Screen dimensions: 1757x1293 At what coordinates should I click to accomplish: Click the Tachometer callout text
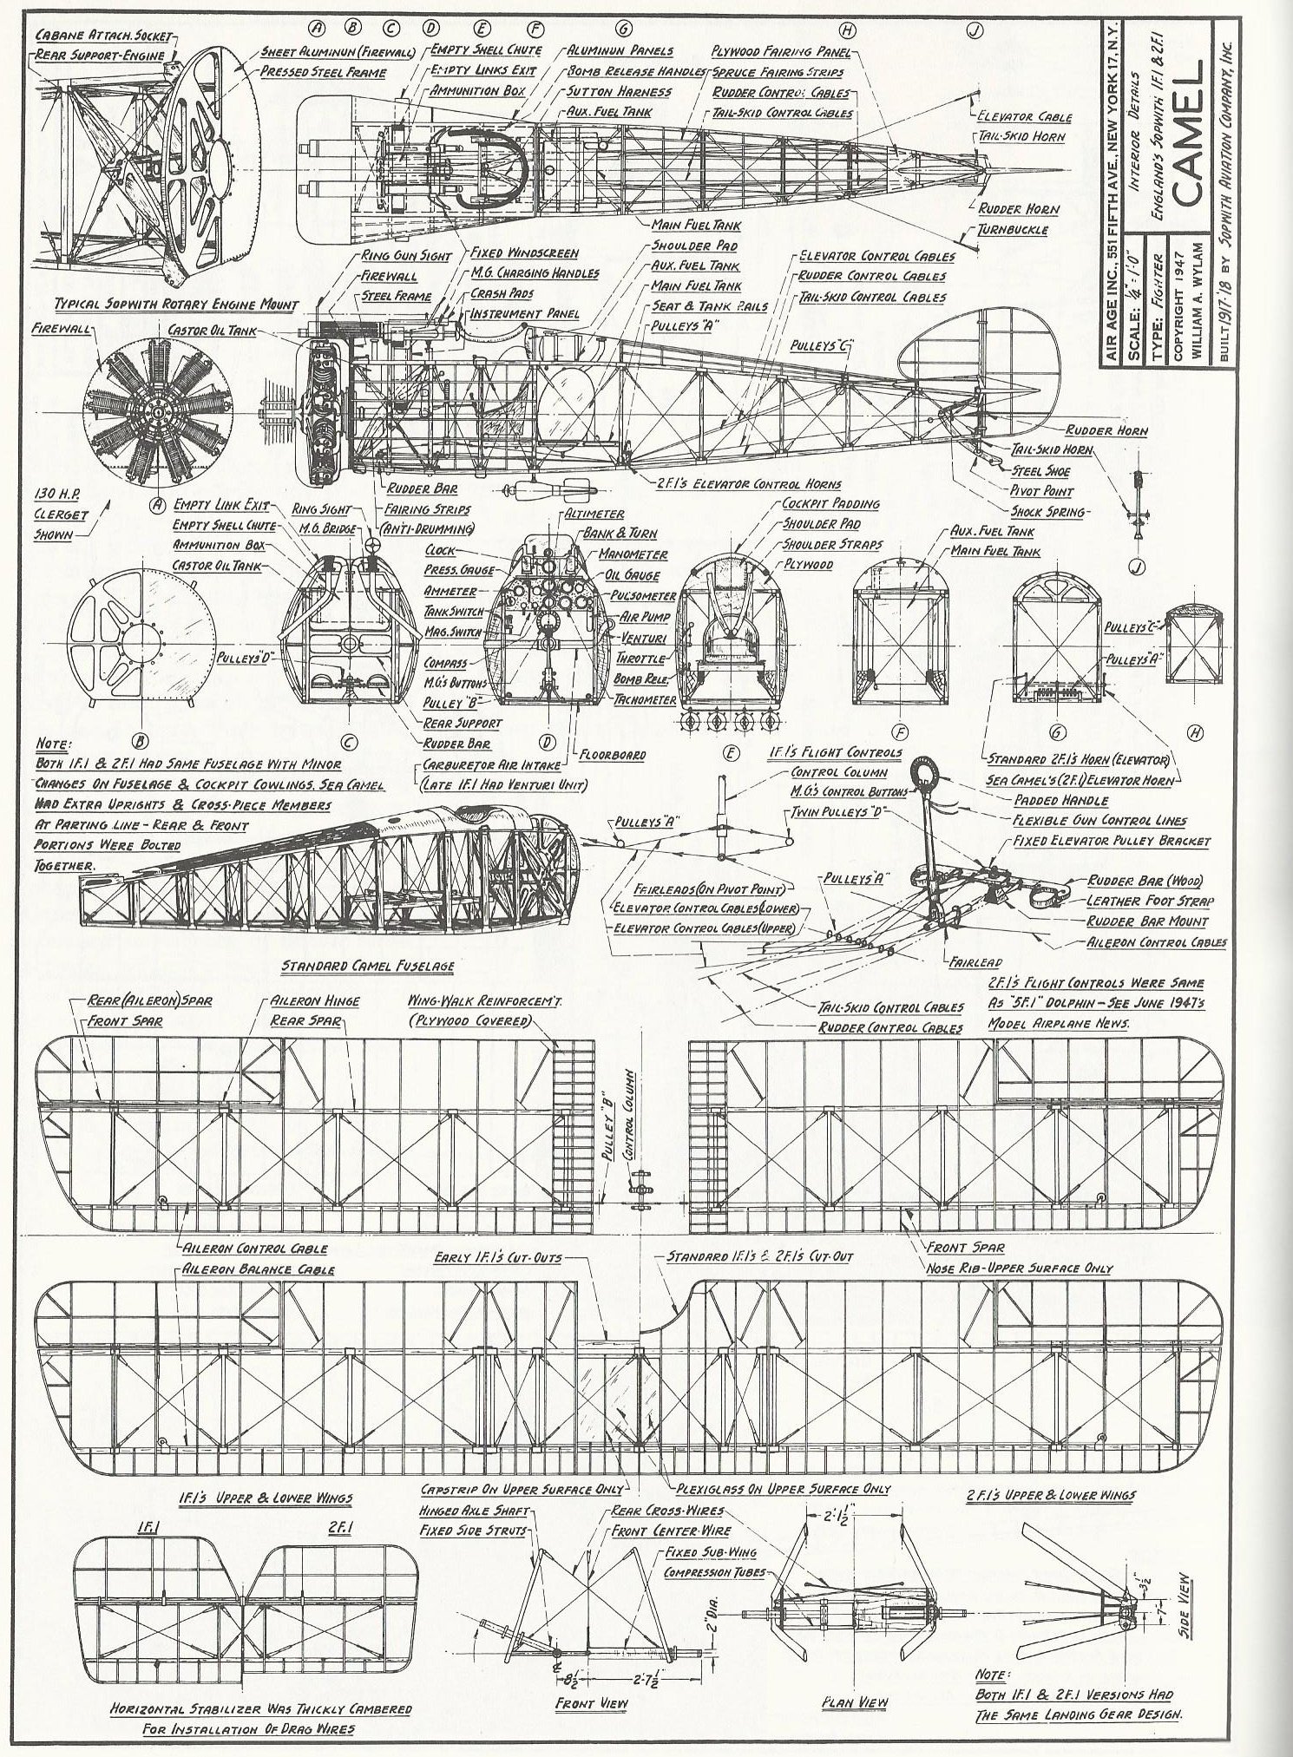pyautogui.click(x=644, y=699)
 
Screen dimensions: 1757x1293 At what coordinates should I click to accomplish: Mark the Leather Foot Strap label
pyautogui.click(x=1150, y=901)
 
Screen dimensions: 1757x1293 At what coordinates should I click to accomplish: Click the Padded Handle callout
pyautogui.click(x=1060, y=801)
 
